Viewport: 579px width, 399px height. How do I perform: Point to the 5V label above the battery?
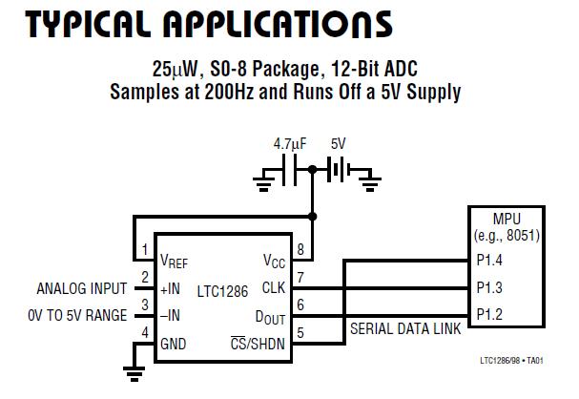pyautogui.click(x=338, y=144)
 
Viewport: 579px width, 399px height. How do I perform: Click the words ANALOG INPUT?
pyautogui.click(x=82, y=287)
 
